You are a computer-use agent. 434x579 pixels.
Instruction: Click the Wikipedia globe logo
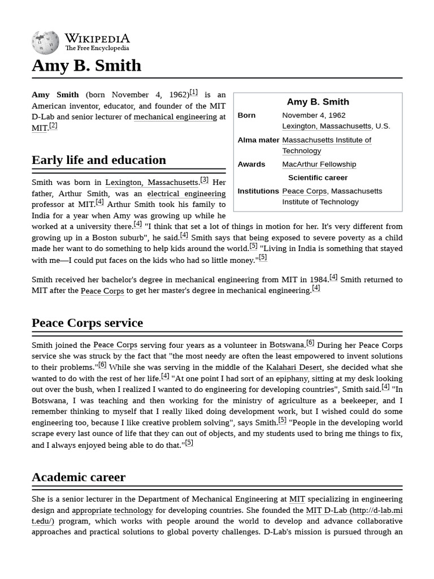(45, 42)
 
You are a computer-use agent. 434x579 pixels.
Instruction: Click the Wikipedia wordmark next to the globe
(97, 39)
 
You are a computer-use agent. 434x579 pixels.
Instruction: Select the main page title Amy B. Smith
(86, 66)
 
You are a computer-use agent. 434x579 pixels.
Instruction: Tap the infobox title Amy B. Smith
(318, 102)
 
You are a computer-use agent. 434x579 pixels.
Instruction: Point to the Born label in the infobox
(246, 115)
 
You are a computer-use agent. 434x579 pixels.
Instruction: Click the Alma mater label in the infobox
(258, 140)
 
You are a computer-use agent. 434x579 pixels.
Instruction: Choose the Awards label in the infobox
(251, 165)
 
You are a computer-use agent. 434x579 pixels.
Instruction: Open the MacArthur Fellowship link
(319, 165)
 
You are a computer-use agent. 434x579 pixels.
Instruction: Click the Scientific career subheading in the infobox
(318, 178)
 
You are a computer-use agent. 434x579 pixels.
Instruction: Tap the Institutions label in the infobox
(258, 191)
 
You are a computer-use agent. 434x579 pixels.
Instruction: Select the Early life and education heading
(99, 160)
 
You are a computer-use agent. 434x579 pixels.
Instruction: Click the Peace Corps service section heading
(87, 323)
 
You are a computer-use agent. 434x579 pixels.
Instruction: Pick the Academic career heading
(79, 477)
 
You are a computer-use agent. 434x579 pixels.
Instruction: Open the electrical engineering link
(186, 194)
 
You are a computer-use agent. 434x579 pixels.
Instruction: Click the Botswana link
(287, 345)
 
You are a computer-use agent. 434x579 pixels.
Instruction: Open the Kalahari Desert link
(294, 368)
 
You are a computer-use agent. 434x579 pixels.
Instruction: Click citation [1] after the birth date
(194, 92)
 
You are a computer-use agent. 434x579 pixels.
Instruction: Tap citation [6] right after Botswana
(310, 343)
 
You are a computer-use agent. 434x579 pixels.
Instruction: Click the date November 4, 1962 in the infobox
(314, 115)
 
